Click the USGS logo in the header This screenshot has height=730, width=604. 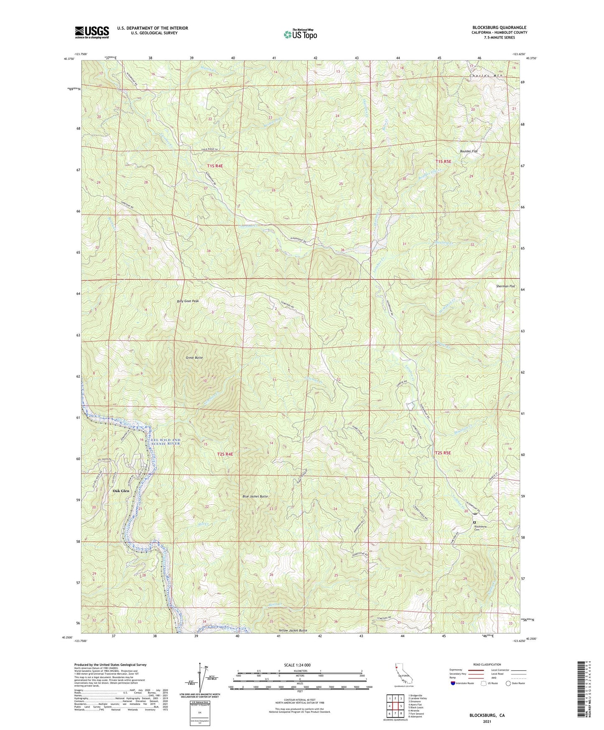click(x=92, y=32)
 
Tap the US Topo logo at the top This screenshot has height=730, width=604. click(x=300, y=34)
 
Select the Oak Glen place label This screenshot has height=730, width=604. click(x=121, y=491)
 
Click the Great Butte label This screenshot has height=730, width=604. click(x=194, y=358)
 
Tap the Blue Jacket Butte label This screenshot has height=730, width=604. click(x=255, y=496)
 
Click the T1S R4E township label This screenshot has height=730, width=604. click(x=215, y=166)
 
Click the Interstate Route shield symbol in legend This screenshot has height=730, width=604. click(x=453, y=683)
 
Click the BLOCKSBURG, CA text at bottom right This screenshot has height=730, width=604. click(x=487, y=715)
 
